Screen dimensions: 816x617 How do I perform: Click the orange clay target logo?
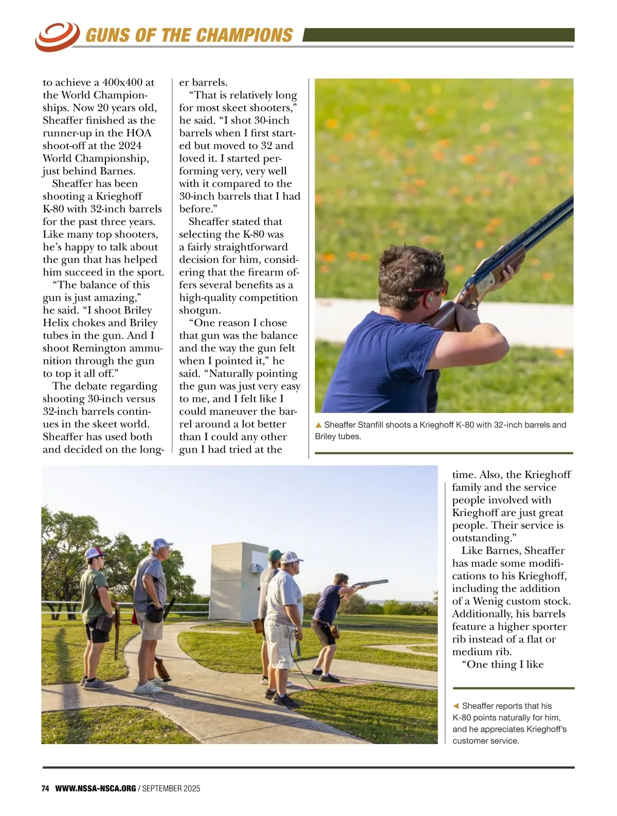click(57, 36)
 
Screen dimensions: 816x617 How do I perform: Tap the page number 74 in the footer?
click(45, 788)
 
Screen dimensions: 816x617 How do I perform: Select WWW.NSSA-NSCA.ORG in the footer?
click(96, 788)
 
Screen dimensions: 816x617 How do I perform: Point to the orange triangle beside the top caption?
click(318, 425)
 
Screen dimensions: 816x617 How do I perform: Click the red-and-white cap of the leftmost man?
click(96, 553)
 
